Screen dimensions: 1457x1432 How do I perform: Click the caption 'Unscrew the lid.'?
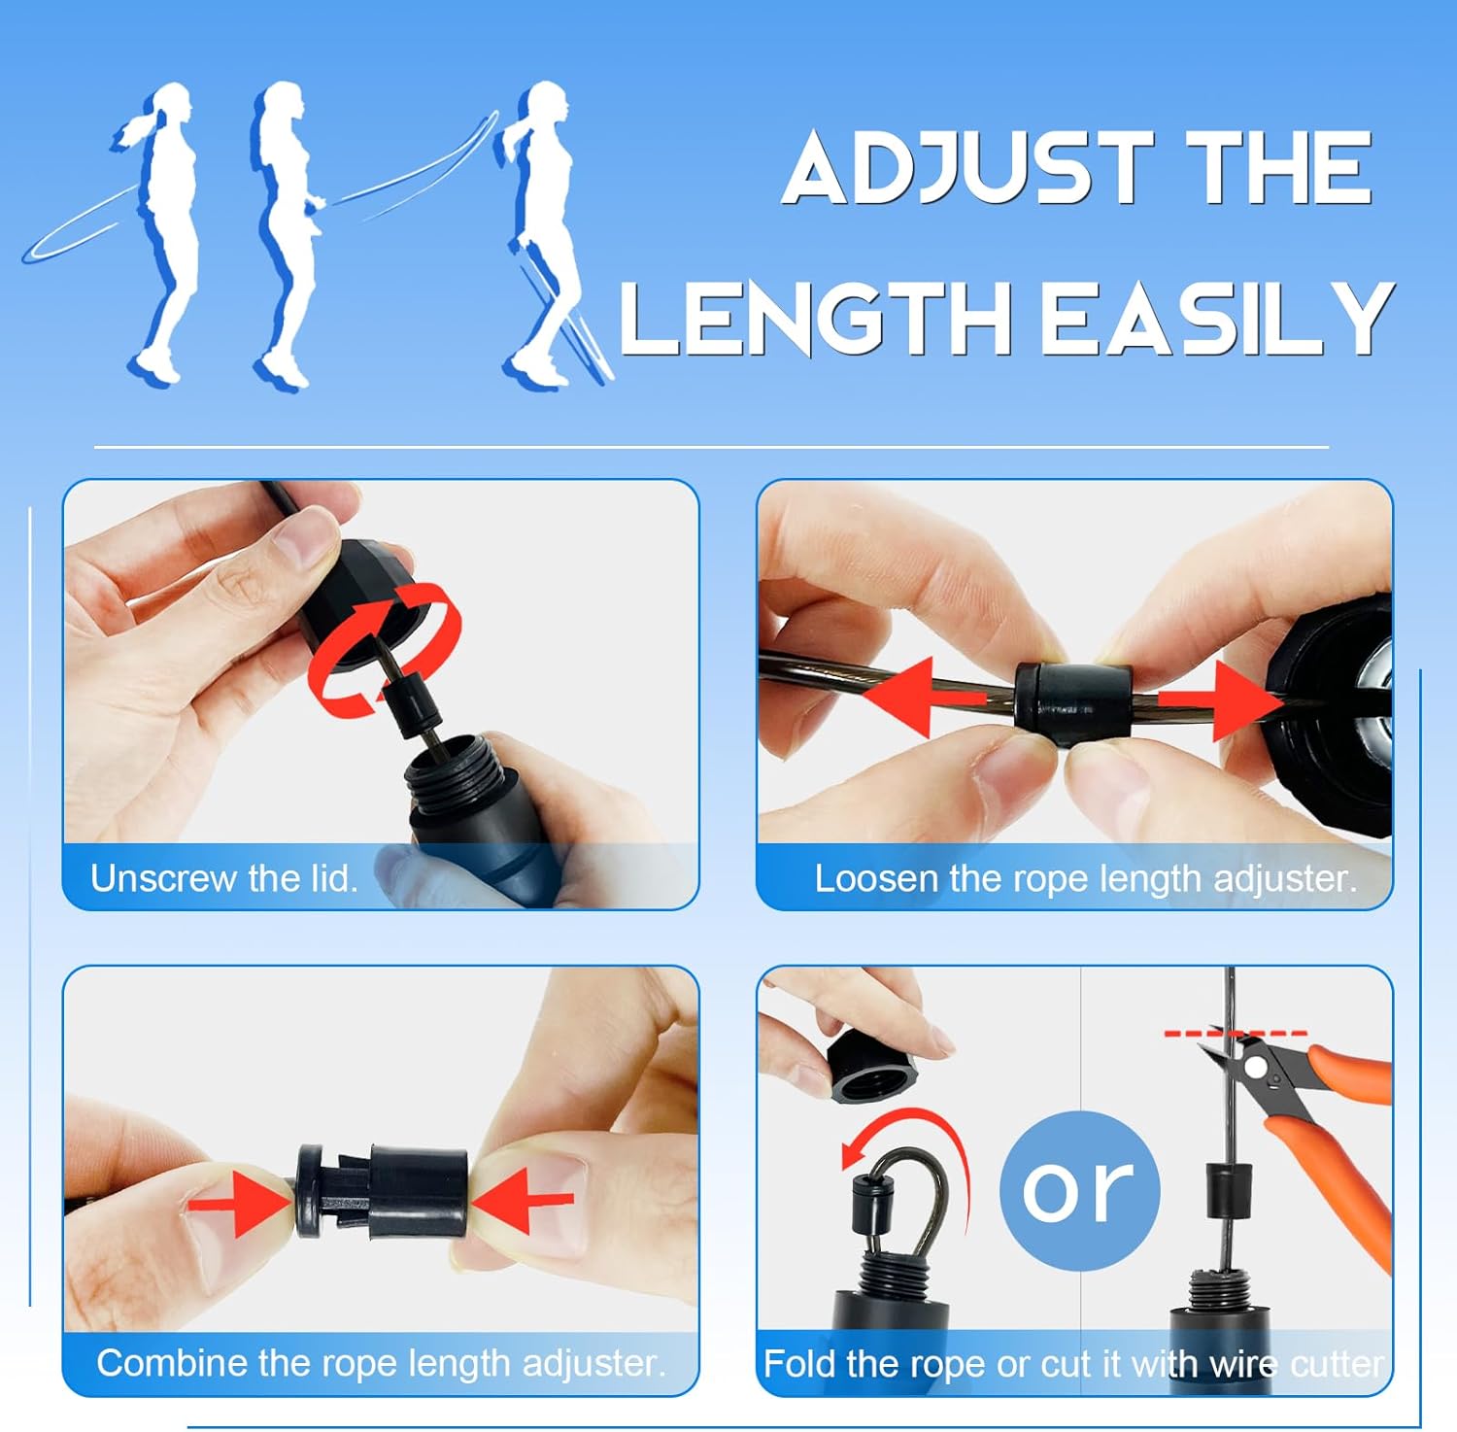point(224,878)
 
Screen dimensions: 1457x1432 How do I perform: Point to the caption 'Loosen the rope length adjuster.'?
point(1085,878)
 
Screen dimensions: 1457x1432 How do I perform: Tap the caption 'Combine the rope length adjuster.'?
point(382,1363)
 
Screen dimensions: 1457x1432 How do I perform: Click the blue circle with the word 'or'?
point(1080,1190)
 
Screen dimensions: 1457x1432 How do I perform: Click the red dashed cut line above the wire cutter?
point(1236,1033)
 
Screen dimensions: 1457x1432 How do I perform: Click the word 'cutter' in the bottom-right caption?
point(1338,1364)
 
